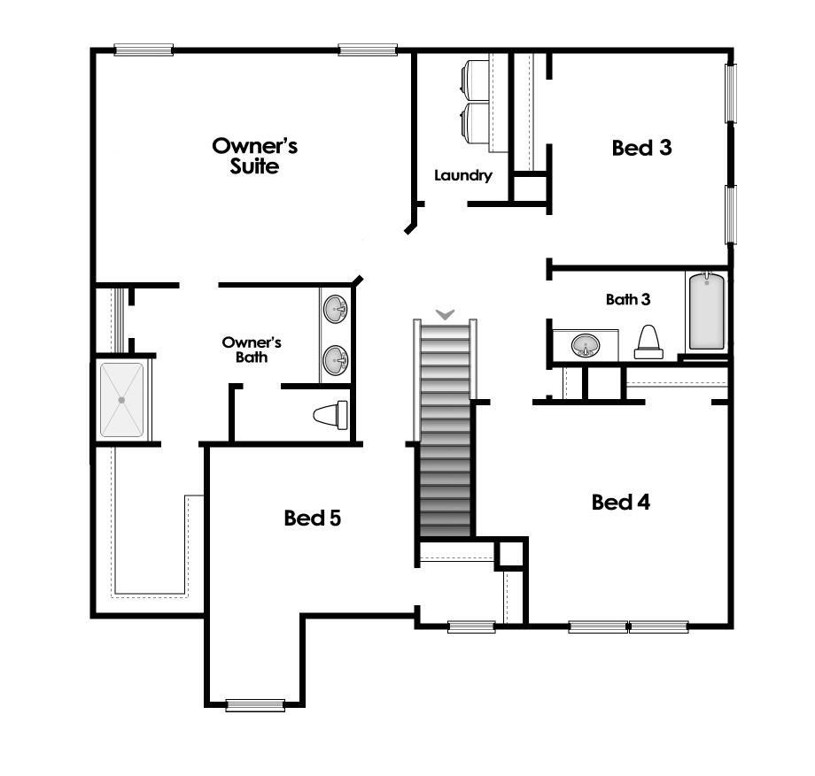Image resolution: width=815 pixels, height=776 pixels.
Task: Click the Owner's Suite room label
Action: click(x=254, y=155)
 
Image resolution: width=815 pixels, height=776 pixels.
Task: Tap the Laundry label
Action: click(x=462, y=175)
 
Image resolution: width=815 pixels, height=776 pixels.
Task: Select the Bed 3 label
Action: click(x=641, y=148)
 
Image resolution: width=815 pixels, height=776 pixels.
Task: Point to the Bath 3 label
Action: click(x=628, y=299)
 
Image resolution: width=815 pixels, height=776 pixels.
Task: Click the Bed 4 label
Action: click(x=621, y=503)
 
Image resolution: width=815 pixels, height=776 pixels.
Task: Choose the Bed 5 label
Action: click(x=312, y=518)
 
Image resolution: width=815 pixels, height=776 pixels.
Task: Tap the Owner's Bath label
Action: click(x=252, y=350)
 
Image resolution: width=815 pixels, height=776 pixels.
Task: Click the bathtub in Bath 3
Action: click(x=707, y=311)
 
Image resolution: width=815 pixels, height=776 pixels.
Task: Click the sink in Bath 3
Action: click(x=584, y=345)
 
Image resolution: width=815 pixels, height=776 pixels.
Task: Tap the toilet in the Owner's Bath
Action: click(x=331, y=415)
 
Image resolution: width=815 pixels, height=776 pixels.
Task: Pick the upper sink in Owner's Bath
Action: click(x=336, y=310)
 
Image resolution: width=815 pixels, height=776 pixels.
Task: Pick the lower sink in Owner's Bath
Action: click(x=336, y=359)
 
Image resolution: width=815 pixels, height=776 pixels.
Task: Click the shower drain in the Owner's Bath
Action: click(x=122, y=400)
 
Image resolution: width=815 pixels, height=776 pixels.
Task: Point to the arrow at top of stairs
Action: click(x=446, y=314)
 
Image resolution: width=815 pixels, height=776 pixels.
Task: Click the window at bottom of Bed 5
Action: click(x=254, y=705)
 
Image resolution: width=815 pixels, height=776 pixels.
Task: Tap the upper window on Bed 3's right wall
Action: click(x=731, y=92)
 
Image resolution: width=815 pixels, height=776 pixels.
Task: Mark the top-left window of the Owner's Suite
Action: click(x=144, y=50)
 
